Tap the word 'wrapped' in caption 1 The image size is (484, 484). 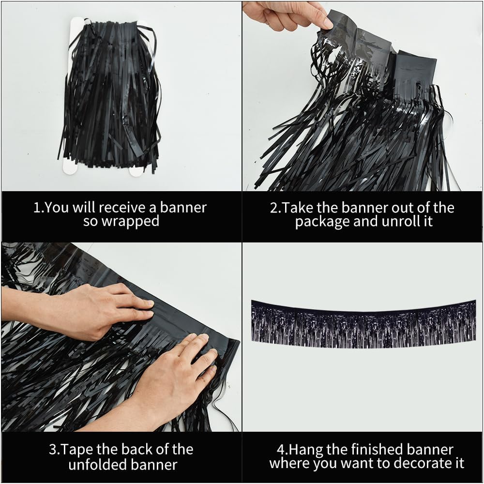point(131,222)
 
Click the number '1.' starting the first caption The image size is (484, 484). point(39,208)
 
